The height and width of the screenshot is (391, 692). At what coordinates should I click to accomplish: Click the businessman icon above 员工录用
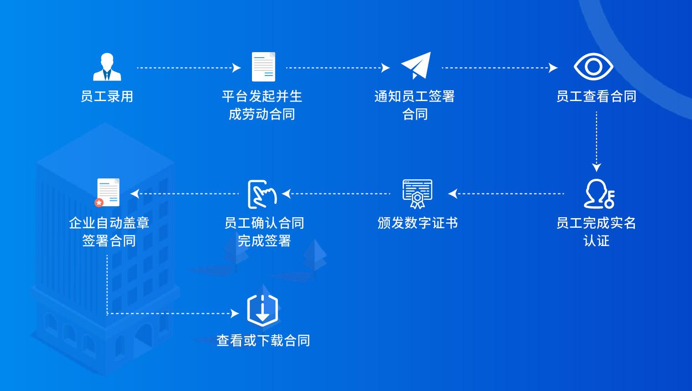107,67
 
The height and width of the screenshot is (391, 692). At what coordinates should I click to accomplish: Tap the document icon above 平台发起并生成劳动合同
263,67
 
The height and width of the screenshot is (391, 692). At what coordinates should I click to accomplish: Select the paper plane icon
416,65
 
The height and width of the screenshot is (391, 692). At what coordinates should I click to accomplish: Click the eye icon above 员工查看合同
593,67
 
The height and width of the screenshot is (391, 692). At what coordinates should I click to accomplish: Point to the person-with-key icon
599,193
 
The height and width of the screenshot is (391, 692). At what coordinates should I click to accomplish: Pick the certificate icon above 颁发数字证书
417,194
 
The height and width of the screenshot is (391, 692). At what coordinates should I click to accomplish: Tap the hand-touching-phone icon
262,194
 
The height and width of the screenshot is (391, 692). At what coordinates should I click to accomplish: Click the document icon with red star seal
107,193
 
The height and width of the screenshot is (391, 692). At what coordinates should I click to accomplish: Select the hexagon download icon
262,311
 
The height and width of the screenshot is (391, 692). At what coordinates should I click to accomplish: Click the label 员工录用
107,96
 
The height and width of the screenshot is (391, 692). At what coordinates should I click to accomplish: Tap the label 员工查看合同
596,96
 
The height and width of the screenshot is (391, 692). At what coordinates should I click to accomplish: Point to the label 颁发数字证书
417,223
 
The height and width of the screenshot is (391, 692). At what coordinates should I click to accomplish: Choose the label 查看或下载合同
263,341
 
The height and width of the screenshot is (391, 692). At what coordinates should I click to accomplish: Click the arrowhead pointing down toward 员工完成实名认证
597,167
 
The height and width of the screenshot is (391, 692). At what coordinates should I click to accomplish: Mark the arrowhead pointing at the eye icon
553,68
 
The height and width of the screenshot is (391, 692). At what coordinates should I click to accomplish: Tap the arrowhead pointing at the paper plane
386,68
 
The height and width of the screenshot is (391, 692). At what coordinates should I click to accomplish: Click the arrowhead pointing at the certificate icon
452,194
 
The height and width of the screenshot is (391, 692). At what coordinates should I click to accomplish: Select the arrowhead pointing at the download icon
235,314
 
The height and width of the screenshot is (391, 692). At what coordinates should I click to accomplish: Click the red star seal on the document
99,203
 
